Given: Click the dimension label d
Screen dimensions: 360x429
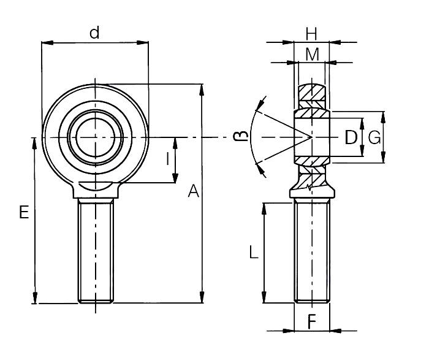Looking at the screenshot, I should [94, 33].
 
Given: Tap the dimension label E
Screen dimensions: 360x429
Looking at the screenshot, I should [24, 213].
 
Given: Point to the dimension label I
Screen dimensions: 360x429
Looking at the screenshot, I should [168, 159].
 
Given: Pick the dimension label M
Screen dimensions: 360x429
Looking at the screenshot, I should [312, 54].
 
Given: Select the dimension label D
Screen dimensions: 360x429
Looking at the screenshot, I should [351, 137].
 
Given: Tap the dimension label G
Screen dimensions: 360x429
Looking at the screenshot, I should [374, 137].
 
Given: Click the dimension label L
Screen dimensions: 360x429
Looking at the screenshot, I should [253, 251].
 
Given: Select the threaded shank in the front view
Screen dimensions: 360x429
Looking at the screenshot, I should [96, 251].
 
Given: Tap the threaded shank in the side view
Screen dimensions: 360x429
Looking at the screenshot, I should [311, 251].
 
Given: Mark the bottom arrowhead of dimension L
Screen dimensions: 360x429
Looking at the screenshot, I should [265, 299].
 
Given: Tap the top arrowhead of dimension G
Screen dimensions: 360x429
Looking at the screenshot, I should [382, 116].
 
